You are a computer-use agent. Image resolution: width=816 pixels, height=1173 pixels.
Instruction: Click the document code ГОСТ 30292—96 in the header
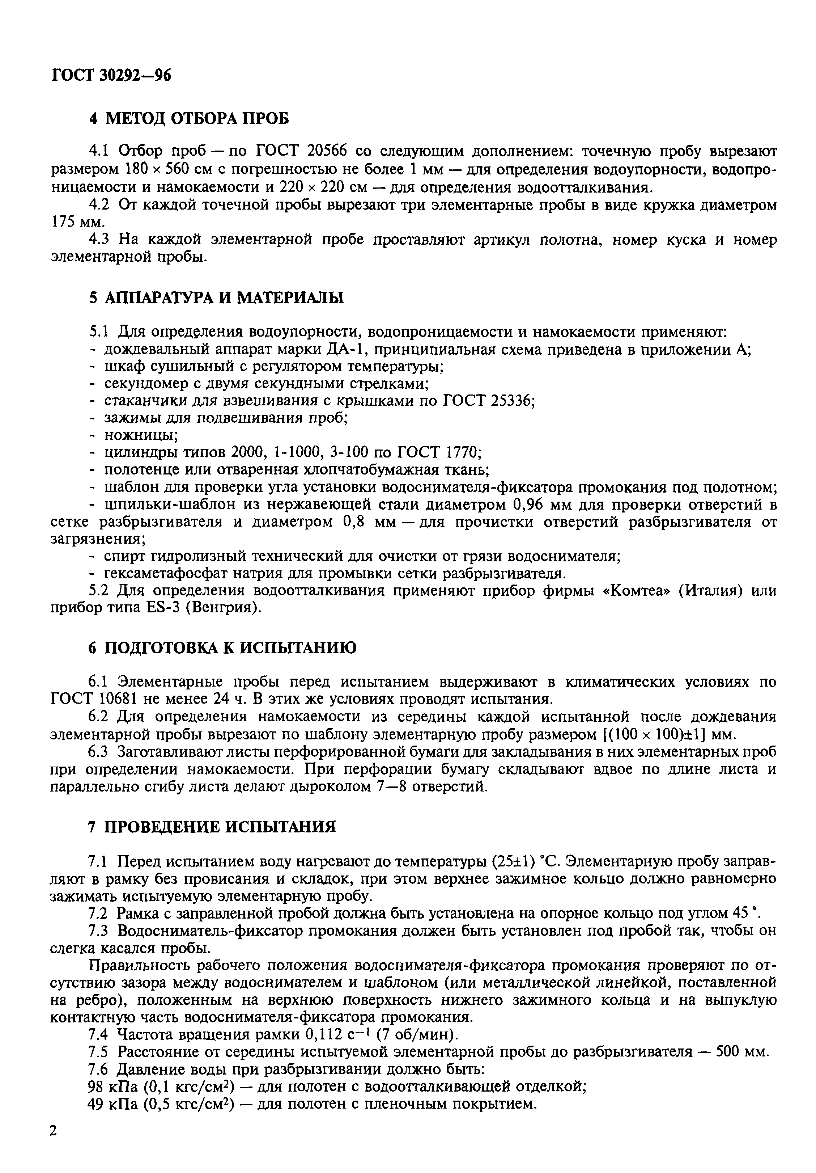111,76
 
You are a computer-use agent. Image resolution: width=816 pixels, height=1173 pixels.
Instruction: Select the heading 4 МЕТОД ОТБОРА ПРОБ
188,118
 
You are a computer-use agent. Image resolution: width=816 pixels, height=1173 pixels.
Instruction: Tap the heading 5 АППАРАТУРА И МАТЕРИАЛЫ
216,298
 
